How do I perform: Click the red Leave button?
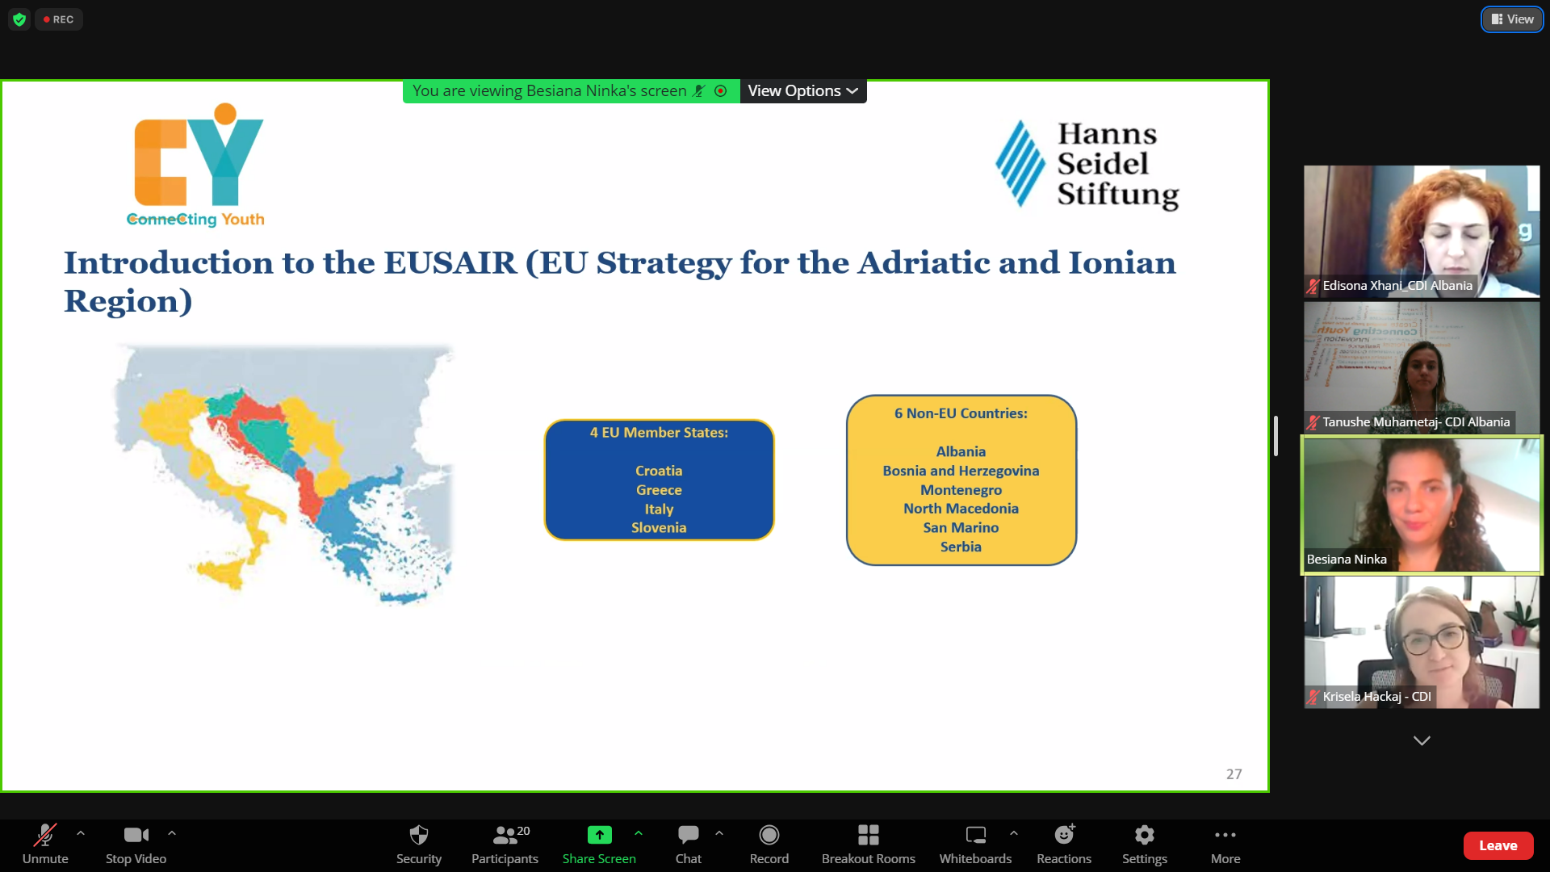[1498, 845]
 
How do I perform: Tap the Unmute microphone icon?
[45, 834]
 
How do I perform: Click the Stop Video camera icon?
[136, 834]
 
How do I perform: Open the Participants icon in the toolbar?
[505, 834]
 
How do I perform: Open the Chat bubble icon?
[689, 834]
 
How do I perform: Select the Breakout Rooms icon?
[869, 834]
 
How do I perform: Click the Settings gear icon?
[1145, 834]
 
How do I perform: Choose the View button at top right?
[1512, 19]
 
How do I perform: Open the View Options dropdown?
[803, 91]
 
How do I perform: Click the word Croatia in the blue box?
[659, 471]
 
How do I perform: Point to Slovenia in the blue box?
[659, 528]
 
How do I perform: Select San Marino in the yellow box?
[961, 528]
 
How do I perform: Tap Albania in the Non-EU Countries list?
[961, 452]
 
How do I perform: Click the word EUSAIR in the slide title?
[450, 263]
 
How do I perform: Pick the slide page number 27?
[1234, 774]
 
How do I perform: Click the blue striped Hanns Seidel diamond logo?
[1020, 164]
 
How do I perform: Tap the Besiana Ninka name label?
[1347, 560]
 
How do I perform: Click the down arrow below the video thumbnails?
[1422, 740]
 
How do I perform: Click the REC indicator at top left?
[59, 19]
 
